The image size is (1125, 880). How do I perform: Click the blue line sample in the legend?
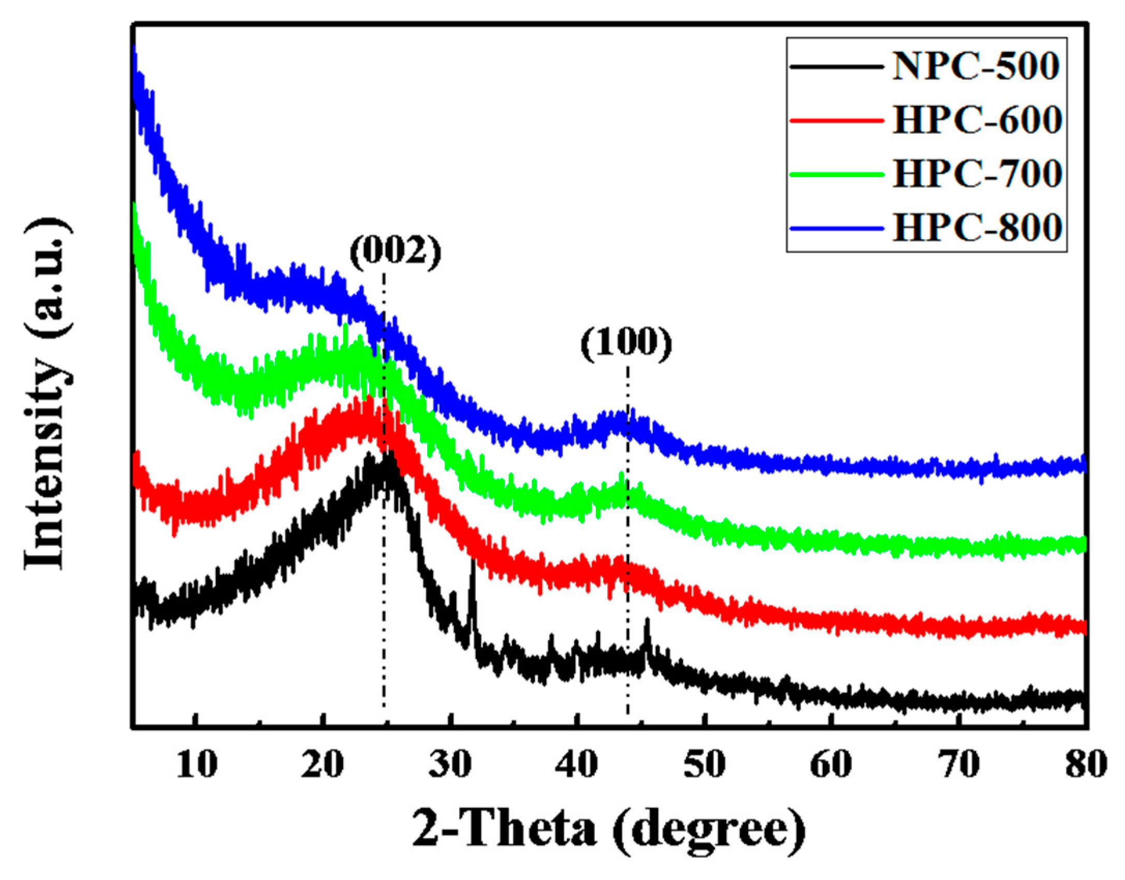pyautogui.click(x=836, y=228)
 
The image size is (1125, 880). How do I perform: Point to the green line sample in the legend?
pyautogui.click(x=836, y=174)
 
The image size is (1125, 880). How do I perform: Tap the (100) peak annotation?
pyautogui.click(x=625, y=344)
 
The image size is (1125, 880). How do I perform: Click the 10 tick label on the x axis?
pyautogui.click(x=196, y=764)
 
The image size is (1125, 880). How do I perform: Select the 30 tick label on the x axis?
pyautogui.click(x=450, y=764)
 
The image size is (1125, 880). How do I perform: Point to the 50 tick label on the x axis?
pyautogui.click(x=704, y=764)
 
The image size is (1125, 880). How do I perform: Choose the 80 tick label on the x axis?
pyautogui.click(x=1086, y=764)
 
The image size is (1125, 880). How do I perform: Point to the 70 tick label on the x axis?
pyautogui.click(x=959, y=764)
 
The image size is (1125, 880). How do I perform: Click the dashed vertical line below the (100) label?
pyautogui.click(x=627, y=518)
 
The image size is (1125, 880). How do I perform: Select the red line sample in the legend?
pyautogui.click(x=836, y=121)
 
